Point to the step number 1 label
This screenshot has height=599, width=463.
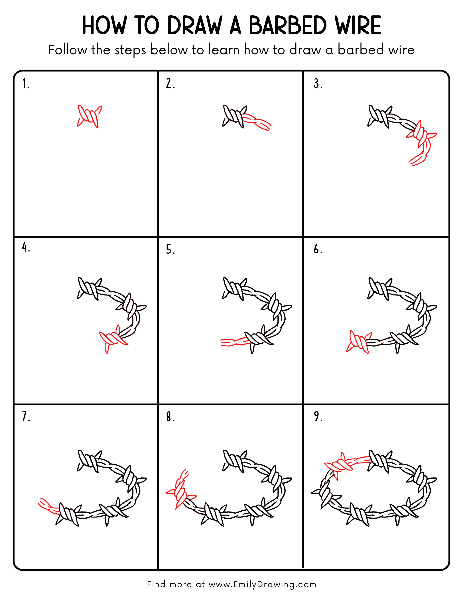pyautogui.click(x=25, y=84)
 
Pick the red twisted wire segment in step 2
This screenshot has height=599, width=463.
pyautogui.click(x=256, y=122)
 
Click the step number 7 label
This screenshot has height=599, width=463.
pyautogui.click(x=25, y=416)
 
